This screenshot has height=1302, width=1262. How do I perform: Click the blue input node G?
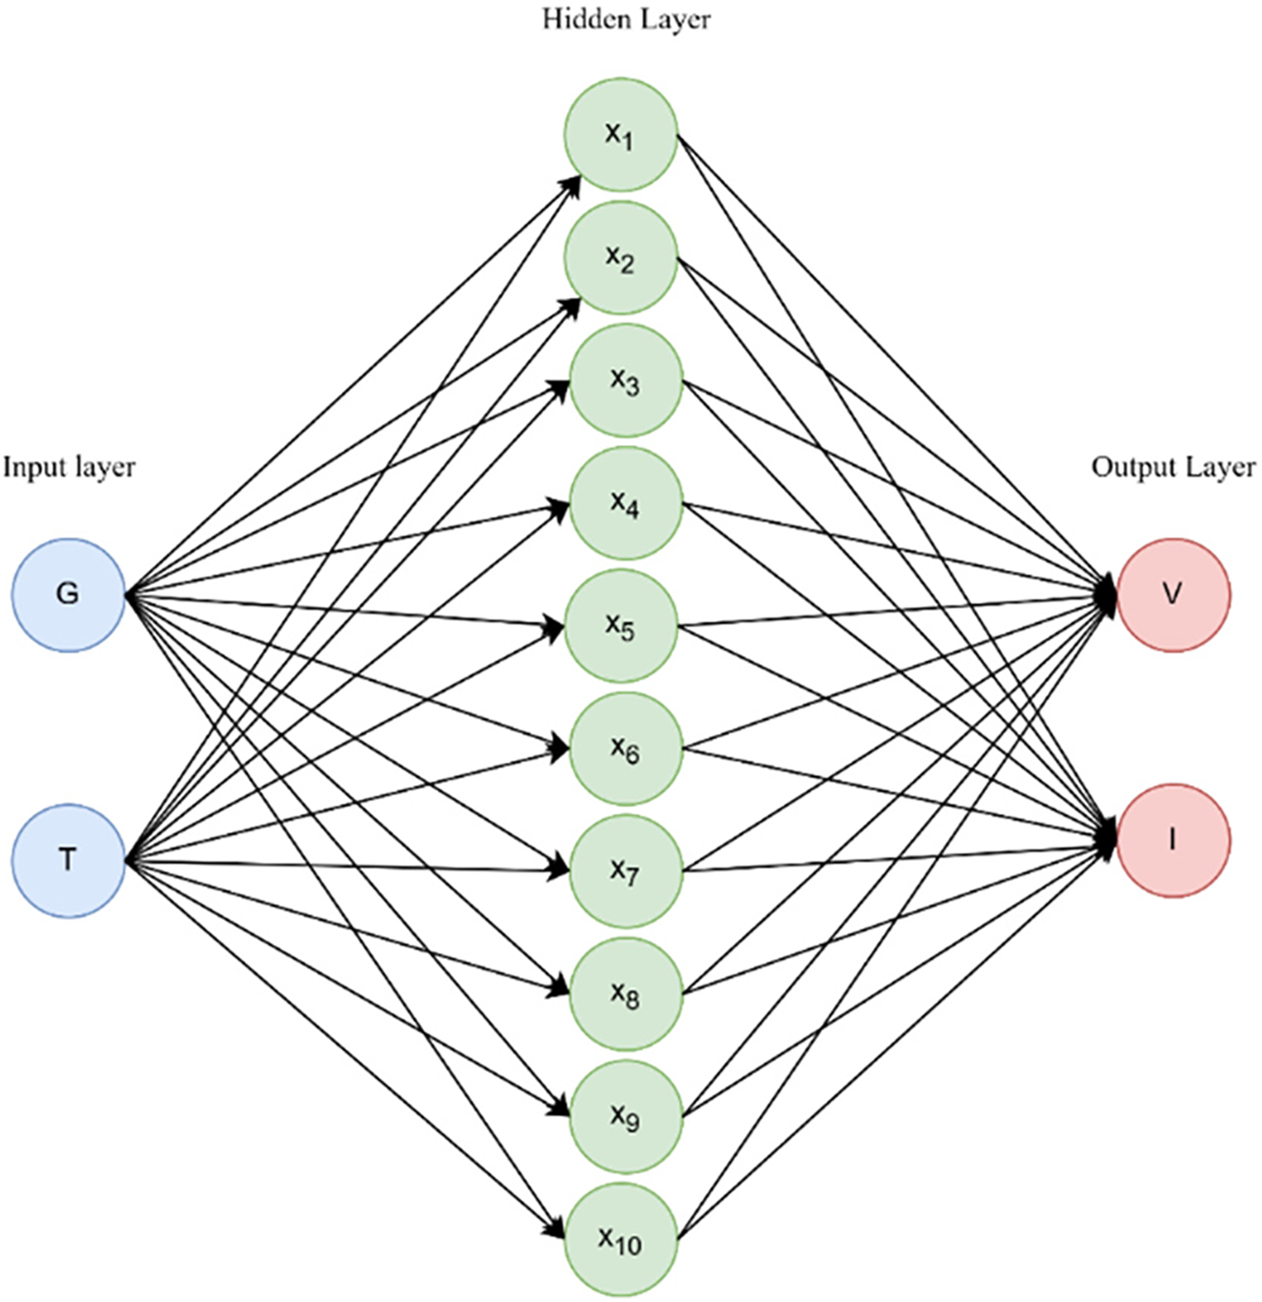click(x=68, y=595)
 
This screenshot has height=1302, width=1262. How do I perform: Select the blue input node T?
click(x=68, y=860)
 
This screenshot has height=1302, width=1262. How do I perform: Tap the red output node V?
click(x=1173, y=595)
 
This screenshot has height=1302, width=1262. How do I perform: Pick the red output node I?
click(x=1173, y=840)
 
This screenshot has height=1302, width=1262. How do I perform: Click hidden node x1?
click(x=621, y=134)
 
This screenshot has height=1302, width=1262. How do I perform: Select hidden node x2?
click(x=621, y=258)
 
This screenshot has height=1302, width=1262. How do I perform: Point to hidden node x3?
click(x=625, y=381)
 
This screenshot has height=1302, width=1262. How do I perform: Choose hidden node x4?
click(x=625, y=503)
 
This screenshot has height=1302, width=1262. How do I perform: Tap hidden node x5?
click(x=621, y=625)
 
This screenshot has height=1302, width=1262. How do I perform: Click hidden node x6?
click(x=625, y=749)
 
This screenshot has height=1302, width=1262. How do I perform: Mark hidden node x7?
click(x=625, y=871)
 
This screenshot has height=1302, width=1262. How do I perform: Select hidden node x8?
click(x=625, y=994)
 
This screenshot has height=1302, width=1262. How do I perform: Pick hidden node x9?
click(x=625, y=1116)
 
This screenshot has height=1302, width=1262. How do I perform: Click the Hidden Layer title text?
click(x=626, y=19)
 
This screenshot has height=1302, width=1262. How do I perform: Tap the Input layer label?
click(x=69, y=467)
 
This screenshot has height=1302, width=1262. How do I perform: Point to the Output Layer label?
click(x=1173, y=467)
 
